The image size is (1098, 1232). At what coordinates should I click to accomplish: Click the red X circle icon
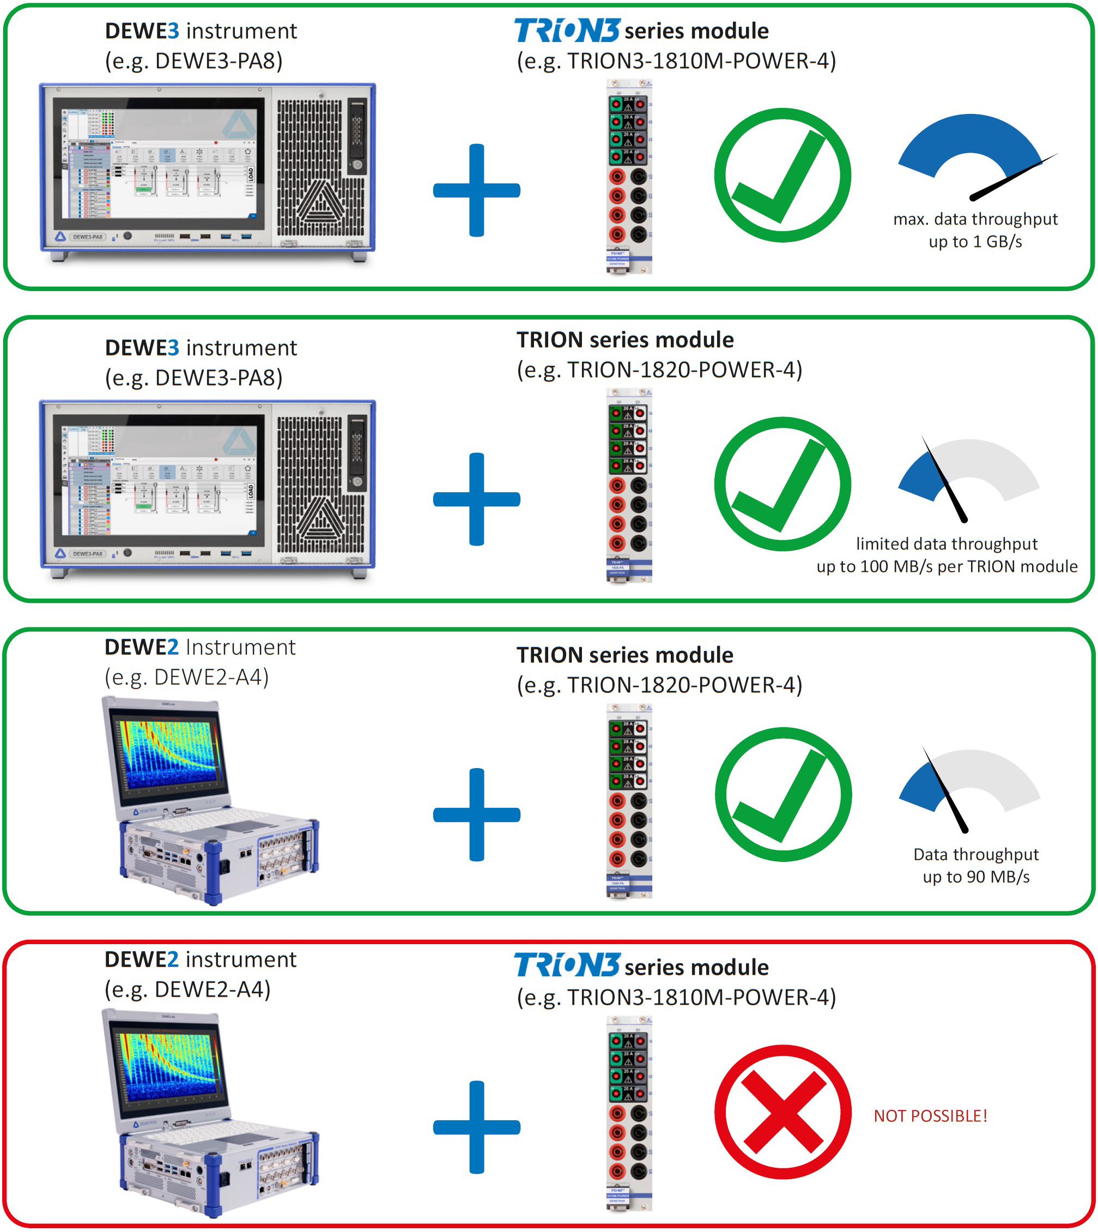point(782,1112)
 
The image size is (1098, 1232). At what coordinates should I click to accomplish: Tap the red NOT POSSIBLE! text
point(930,1116)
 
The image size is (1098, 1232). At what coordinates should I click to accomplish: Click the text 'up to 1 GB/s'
point(975,241)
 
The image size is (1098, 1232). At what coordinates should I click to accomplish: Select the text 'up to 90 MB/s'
point(975,877)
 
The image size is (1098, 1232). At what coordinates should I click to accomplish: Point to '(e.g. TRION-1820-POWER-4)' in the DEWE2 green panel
point(659,685)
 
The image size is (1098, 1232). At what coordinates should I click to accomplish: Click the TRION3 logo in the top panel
point(567,30)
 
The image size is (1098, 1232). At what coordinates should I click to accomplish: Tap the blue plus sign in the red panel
point(477,1126)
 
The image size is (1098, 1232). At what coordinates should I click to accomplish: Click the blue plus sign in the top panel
point(477,190)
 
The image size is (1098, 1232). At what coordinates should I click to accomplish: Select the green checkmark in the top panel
point(782,175)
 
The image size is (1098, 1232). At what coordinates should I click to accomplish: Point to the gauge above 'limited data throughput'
point(968,474)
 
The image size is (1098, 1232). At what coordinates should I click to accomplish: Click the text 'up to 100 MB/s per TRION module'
point(947,566)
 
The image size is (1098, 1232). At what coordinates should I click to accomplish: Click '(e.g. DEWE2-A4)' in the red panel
point(187,989)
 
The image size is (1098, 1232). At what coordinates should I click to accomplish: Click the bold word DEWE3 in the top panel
point(142,31)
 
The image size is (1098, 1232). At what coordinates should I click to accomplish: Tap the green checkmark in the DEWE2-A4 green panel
point(783,794)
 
